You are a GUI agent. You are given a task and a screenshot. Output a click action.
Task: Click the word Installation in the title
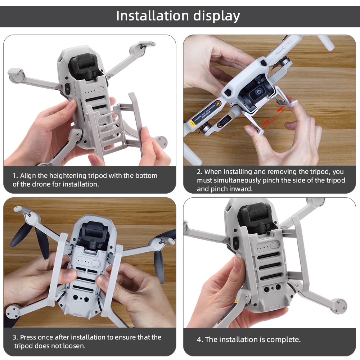click(153, 16)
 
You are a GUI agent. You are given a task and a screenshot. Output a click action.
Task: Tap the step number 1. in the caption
click(15, 176)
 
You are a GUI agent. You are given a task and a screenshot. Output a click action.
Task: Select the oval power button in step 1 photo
click(100, 90)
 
